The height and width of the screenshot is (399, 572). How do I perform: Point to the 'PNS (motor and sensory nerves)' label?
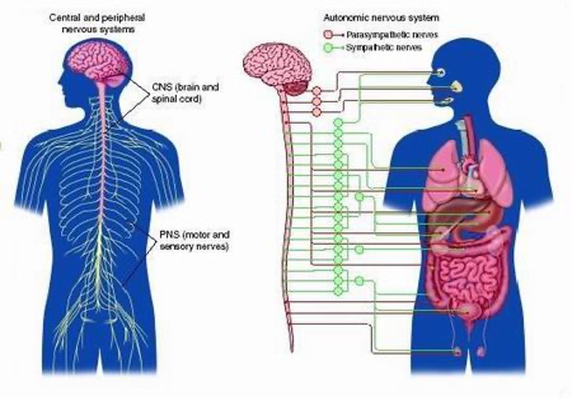195,239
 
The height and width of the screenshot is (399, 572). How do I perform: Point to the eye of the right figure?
442,71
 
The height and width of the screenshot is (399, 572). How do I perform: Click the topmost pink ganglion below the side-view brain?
316,91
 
